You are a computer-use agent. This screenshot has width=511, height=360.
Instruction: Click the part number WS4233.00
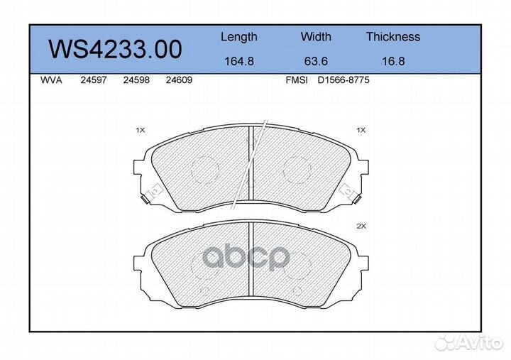(115, 49)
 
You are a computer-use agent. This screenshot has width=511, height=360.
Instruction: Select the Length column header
(239, 37)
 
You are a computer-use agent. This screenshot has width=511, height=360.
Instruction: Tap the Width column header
(316, 37)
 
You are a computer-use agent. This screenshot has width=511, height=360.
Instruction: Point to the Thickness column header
(393, 37)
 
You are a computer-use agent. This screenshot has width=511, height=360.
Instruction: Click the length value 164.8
(239, 61)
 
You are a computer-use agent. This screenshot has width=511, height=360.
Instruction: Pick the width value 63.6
(316, 61)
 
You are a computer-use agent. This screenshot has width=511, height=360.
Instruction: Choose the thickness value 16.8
(392, 61)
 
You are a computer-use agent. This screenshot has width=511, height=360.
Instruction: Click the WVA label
(52, 81)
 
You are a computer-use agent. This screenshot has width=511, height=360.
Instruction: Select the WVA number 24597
(94, 81)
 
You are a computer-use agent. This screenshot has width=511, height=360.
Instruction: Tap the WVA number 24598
(136, 81)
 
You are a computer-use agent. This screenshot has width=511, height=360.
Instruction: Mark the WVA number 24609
(178, 81)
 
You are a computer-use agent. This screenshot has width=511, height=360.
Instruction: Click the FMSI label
(296, 81)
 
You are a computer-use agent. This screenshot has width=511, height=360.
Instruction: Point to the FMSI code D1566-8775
(344, 81)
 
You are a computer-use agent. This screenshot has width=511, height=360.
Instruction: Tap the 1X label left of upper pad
(140, 131)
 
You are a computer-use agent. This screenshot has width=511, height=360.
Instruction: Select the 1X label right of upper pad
(361, 131)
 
